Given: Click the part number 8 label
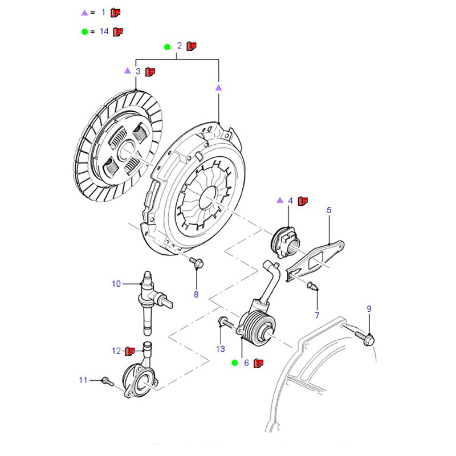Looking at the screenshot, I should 196,295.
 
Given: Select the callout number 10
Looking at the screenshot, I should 116,283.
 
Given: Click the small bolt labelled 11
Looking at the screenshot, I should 104,380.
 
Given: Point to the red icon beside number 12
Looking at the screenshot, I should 129,351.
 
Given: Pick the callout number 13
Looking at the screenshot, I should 221,348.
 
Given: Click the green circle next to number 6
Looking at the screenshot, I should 234,363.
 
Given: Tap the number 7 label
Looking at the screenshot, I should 317,315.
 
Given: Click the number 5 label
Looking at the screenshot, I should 329,210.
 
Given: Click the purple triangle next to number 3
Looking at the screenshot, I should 127,71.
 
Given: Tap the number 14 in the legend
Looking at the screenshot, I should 104,31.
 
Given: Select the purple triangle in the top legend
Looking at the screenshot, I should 84,12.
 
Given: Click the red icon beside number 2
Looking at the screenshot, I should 192,46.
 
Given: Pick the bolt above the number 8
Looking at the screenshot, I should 198,262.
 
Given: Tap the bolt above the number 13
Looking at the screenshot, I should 223,323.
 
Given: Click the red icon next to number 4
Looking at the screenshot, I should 303,201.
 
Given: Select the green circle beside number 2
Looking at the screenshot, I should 167,46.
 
